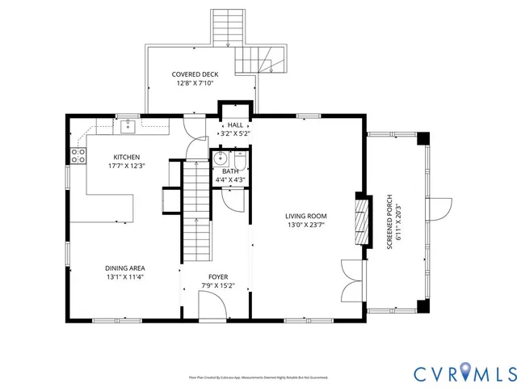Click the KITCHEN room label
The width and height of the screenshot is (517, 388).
click(126, 157)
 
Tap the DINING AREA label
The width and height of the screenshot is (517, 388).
click(130, 268)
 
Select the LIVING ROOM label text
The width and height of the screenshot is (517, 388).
click(305, 216)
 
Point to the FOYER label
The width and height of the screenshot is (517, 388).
click(217, 276)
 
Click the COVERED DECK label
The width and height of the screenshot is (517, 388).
click(194, 74)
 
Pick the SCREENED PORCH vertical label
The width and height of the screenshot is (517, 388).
click(389, 222)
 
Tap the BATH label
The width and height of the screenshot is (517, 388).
click(231, 171)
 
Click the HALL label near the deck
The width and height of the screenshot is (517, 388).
click(235, 125)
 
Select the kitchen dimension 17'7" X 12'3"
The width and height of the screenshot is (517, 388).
click(126, 166)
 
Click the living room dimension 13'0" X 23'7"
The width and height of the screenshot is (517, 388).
click(305, 226)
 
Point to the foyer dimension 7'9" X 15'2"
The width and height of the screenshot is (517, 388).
click(217, 285)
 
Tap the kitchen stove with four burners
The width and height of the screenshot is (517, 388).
click(78, 156)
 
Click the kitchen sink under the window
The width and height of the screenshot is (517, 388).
click(127, 125)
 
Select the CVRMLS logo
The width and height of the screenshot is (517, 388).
click(464, 373)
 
